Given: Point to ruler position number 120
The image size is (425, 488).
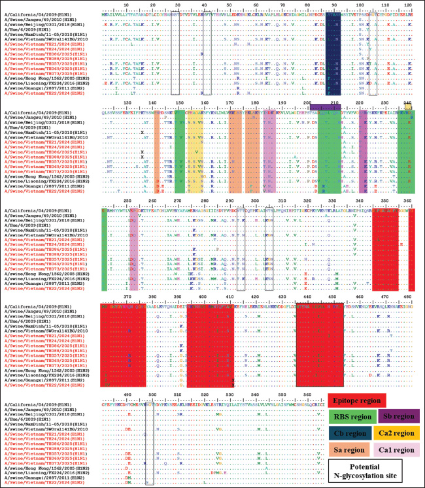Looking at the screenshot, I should pyautogui.click(x=409, y=3).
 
